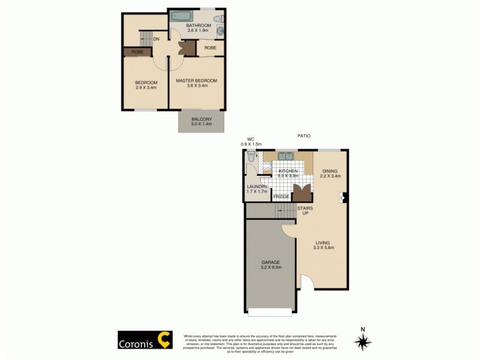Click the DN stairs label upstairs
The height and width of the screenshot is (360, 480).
pos(156,40)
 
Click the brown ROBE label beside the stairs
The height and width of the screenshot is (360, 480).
pos(137,52)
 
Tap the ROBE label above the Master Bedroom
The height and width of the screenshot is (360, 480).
pos(210,47)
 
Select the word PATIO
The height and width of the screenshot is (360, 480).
pos(304,136)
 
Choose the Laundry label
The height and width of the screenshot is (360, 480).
pos(257,189)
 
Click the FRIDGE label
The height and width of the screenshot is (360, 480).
pos(281,197)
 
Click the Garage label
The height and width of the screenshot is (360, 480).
pos(271,265)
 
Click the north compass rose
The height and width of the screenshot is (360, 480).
pos(362,341)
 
